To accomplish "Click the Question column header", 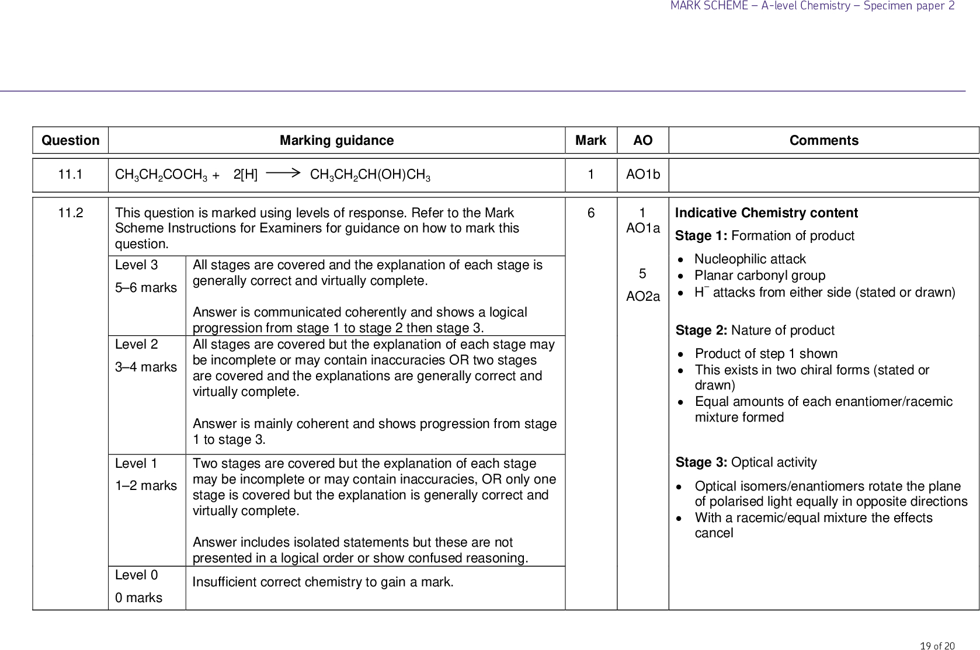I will (x=70, y=140).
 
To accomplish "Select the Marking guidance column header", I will (x=336, y=140).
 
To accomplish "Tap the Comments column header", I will (x=823, y=140).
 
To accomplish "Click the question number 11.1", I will (x=70, y=175).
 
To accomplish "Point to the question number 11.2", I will (x=70, y=213).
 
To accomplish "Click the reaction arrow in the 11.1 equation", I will (x=283, y=173).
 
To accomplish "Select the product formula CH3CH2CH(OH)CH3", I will (x=370, y=175).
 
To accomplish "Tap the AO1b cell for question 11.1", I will (x=642, y=175).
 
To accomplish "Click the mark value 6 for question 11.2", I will (x=590, y=213).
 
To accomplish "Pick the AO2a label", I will (x=642, y=297).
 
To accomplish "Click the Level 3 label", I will (x=137, y=265).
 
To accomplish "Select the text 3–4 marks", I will (x=145, y=367).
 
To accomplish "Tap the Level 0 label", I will (x=137, y=575).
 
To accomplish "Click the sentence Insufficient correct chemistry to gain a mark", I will (x=322, y=582).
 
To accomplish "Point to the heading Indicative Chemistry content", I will (x=766, y=213).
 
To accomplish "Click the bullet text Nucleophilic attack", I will (x=750, y=259).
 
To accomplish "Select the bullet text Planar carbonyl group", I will (x=760, y=276).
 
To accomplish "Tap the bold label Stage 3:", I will (x=701, y=463).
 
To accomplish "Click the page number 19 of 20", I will (x=937, y=645).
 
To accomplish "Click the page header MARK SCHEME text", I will (x=709, y=6).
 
